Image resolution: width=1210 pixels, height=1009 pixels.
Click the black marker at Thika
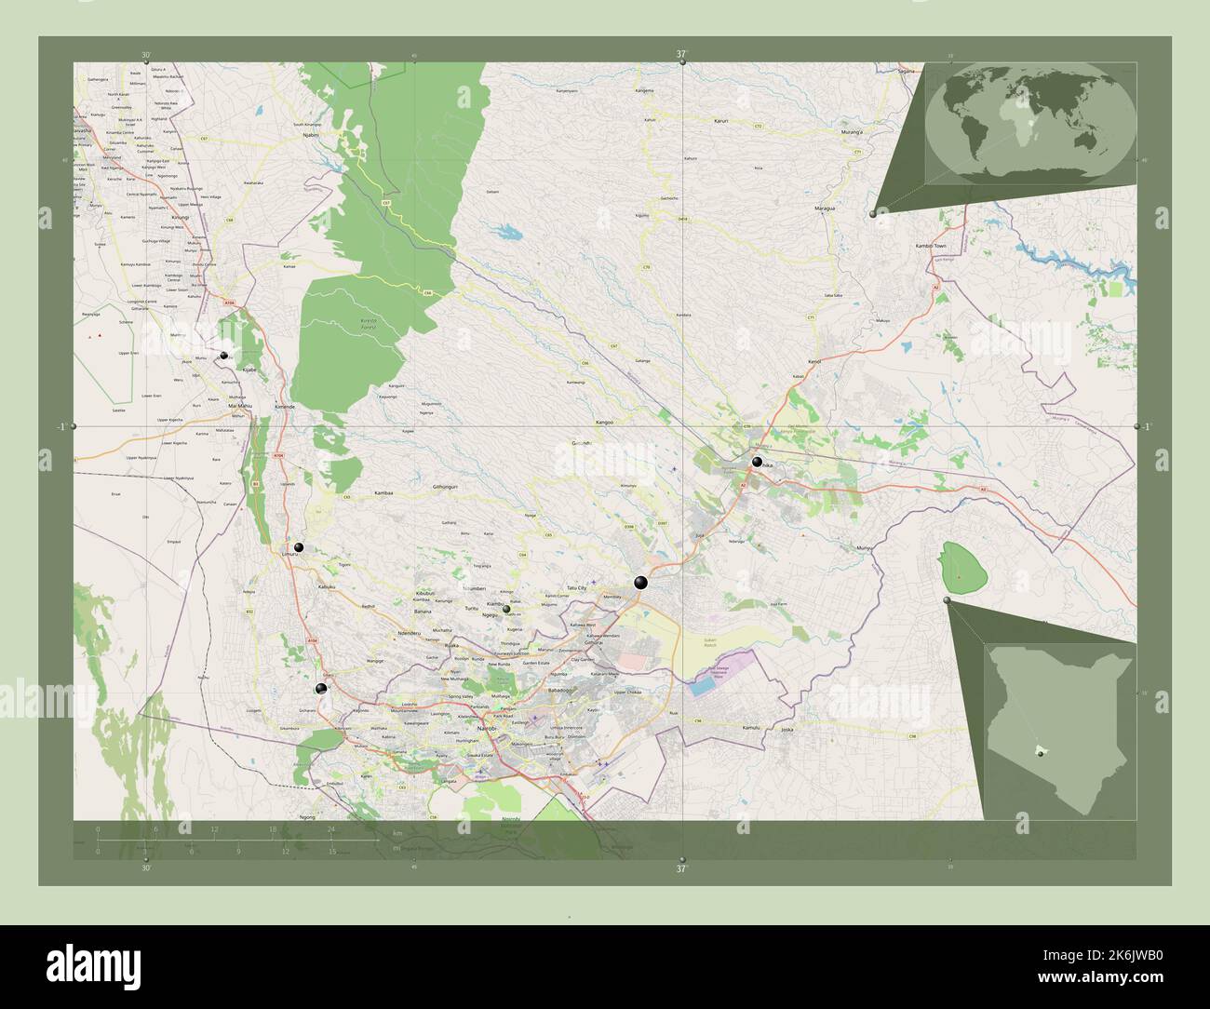[x=757, y=462]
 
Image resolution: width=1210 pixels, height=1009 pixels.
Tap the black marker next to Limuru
[x=299, y=547]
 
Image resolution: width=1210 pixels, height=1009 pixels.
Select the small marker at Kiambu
[x=506, y=609]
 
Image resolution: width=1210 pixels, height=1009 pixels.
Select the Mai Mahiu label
[x=240, y=407]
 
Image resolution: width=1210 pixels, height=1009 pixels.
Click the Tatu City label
[x=578, y=588]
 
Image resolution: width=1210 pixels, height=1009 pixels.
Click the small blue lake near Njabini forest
[x=508, y=232]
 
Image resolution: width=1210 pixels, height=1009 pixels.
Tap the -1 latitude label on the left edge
[x=61, y=426]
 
